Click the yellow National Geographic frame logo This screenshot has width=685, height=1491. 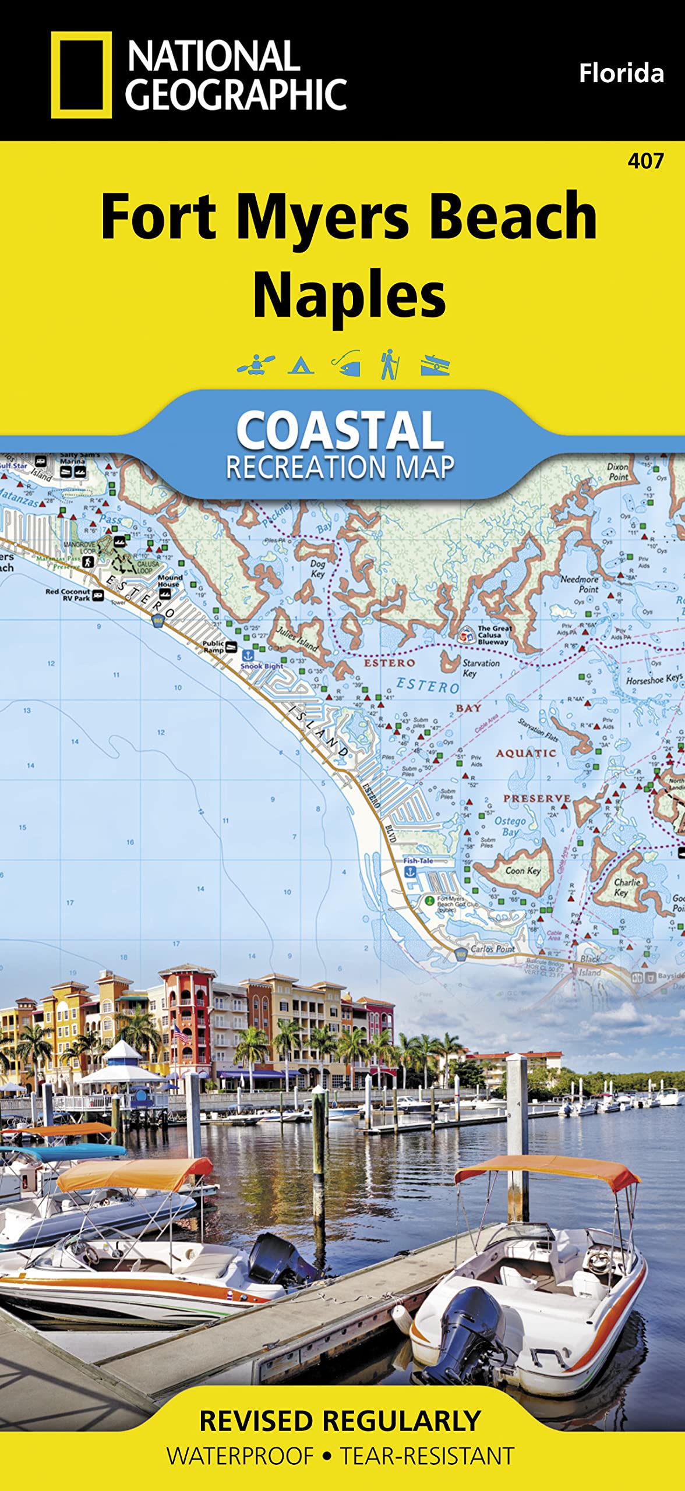81,75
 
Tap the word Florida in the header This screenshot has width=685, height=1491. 621,74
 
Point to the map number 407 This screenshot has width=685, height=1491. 645,161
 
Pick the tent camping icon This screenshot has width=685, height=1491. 301,365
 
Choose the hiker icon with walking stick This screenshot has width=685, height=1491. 389,364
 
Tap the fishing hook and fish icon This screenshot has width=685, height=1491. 347,364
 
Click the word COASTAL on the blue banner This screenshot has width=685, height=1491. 340,430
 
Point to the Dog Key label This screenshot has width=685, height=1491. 317,568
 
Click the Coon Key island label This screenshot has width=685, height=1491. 522,871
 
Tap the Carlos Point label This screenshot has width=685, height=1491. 492,949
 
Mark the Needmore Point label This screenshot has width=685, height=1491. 580,584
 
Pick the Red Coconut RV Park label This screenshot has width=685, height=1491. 68,595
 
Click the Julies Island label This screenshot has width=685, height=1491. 298,638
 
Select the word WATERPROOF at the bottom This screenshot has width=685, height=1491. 240,1456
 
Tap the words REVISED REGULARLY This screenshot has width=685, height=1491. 340,1421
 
